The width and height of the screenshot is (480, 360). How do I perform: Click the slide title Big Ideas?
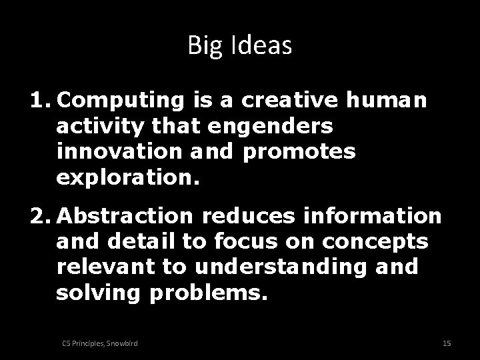tap(240, 45)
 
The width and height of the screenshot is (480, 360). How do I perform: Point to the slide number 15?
tap(447, 343)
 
